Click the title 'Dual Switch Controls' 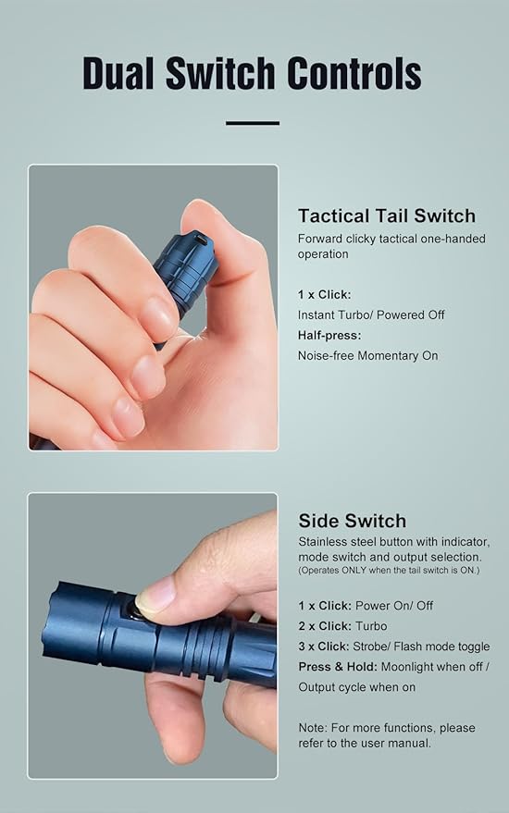pyautogui.click(x=252, y=73)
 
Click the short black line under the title pyautogui.click(x=252, y=122)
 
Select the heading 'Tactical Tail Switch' pyautogui.click(x=386, y=216)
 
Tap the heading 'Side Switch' pyautogui.click(x=352, y=520)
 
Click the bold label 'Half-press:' pyautogui.click(x=329, y=335)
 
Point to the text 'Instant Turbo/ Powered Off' pyautogui.click(x=371, y=314)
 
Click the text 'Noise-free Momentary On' pyautogui.click(x=367, y=355)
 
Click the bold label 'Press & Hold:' pyautogui.click(x=339, y=667)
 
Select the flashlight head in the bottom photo pyautogui.click(x=79, y=627)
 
